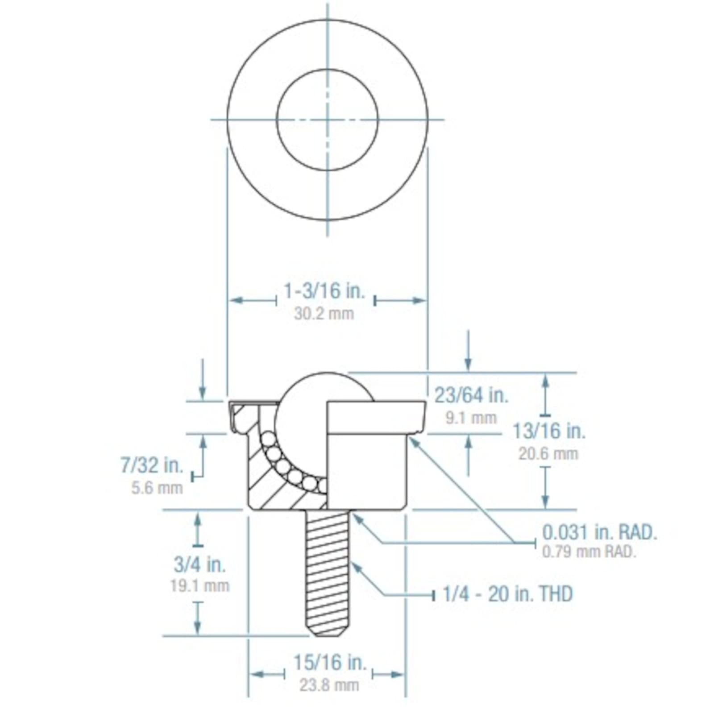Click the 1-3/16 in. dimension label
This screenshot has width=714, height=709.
pyautogui.click(x=324, y=291)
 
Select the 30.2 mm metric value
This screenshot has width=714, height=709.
pyautogui.click(x=324, y=314)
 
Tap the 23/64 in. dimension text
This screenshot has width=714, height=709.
pyautogui.click(x=471, y=395)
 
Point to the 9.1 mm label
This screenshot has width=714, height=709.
pyautogui.click(x=471, y=418)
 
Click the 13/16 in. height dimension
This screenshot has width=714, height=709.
pyautogui.click(x=548, y=431)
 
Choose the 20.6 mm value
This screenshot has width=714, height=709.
pyautogui.click(x=548, y=454)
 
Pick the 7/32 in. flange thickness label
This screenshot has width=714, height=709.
pyautogui.click(x=152, y=465)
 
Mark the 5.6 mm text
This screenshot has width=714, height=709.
pyautogui.click(x=157, y=488)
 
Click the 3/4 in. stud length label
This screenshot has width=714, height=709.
pyautogui.click(x=199, y=564)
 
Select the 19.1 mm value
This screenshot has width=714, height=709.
pyautogui.click(x=199, y=585)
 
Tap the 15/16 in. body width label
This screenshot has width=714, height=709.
pyautogui.click(x=329, y=663)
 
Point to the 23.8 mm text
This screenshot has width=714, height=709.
pyautogui.click(x=329, y=685)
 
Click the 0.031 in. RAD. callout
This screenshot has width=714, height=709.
pyautogui.click(x=599, y=532)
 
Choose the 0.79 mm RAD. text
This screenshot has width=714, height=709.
pyautogui.click(x=589, y=552)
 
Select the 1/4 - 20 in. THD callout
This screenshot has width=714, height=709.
pyautogui.click(x=507, y=594)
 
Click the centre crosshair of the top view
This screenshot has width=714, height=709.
pyautogui.click(x=328, y=120)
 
